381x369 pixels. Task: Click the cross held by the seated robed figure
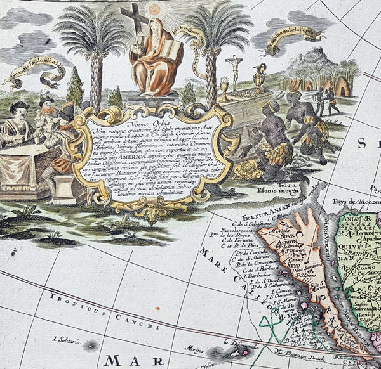(x=140, y=25)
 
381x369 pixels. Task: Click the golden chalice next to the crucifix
(x=224, y=89)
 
